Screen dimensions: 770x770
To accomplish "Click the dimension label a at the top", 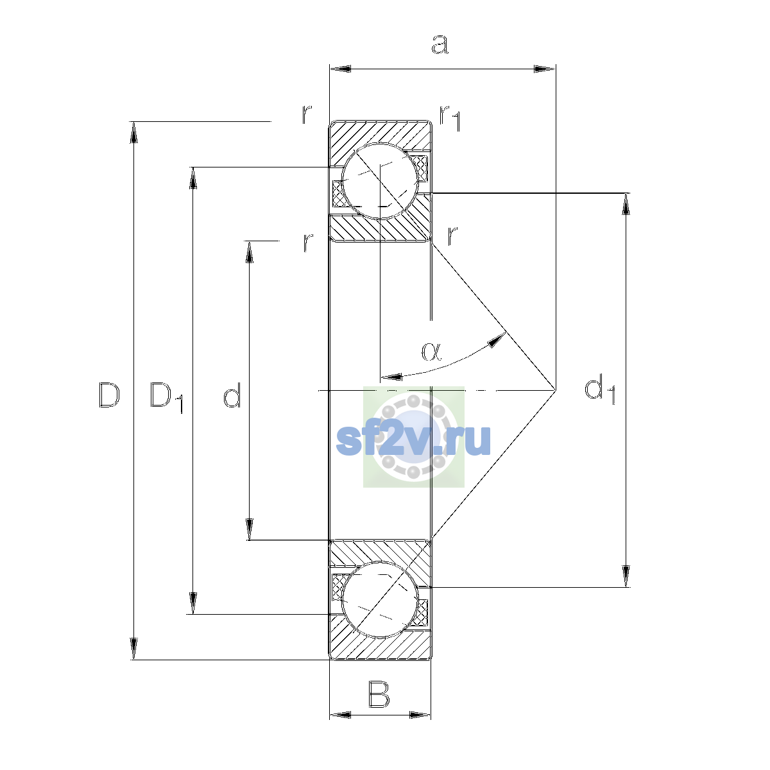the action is click(x=440, y=44).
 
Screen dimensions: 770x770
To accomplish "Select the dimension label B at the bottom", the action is click(x=379, y=695).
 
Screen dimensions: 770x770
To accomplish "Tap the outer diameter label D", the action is click(x=109, y=395).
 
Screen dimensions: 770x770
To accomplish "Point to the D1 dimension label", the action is click(x=167, y=398).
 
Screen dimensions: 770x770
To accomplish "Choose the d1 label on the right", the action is click(x=600, y=390).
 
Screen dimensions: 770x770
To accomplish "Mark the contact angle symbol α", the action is click(x=432, y=352).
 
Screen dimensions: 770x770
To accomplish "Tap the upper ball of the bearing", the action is click(x=380, y=181).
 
